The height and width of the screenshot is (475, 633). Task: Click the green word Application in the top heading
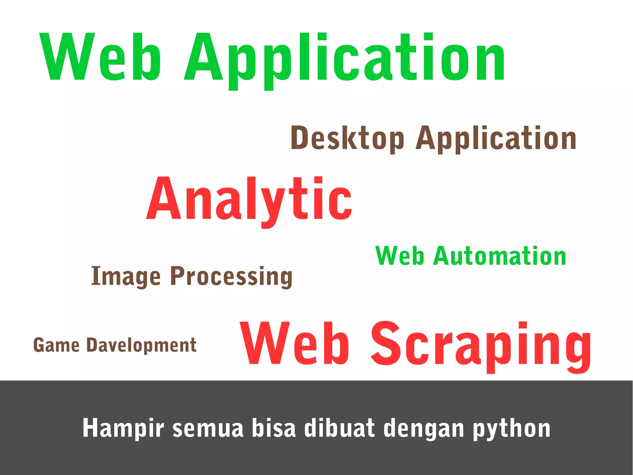345,59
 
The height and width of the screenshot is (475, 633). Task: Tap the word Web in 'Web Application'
100,57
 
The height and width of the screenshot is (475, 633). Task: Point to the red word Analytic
249,200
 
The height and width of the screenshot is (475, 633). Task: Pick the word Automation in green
499,256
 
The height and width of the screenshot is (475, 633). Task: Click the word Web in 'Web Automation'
399,256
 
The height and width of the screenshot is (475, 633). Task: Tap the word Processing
231,276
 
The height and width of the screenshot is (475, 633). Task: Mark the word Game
56,345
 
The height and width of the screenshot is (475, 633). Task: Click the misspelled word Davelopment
141,346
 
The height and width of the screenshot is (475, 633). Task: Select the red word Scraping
481,345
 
